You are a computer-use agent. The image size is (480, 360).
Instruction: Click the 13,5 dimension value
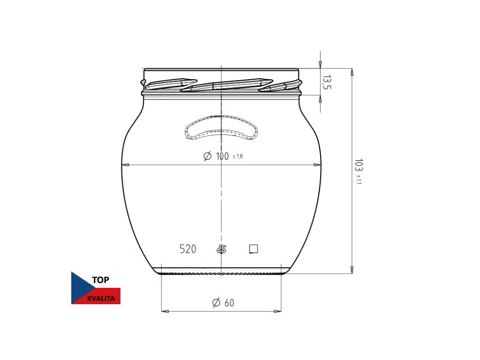(327, 82)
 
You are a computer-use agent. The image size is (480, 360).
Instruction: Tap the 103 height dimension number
(359, 165)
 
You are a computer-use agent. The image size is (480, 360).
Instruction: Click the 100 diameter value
(222, 156)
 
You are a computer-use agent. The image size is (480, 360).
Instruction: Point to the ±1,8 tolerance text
(238, 157)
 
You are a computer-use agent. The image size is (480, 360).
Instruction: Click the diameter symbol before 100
(207, 156)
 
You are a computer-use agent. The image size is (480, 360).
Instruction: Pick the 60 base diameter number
(229, 303)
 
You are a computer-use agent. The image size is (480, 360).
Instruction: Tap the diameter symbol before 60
(216, 303)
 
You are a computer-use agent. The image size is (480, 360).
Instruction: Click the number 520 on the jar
(187, 249)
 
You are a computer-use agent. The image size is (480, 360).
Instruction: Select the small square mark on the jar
(254, 249)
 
